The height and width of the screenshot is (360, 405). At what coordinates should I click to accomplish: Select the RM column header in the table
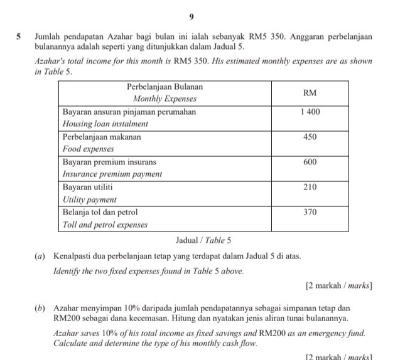point(310,93)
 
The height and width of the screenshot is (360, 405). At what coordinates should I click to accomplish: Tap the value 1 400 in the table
point(310,112)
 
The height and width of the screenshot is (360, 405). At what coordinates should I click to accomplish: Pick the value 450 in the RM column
point(310,137)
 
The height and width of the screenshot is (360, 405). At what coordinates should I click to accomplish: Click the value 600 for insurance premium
point(310,162)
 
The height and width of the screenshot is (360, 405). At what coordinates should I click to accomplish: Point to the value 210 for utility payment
point(310,187)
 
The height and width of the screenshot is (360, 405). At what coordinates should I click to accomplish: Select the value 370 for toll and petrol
point(310,213)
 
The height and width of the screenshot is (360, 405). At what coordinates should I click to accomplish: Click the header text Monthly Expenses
point(165,99)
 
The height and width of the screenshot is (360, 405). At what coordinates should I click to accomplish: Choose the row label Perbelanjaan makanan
point(102,137)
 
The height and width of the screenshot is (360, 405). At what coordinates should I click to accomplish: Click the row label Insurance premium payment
point(112,174)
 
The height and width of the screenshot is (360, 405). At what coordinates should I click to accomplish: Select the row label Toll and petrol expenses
point(105,224)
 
